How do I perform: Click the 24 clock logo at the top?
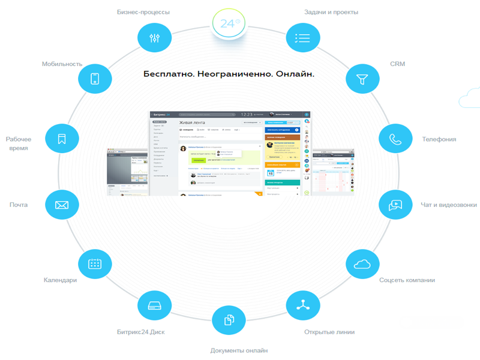click(229, 24)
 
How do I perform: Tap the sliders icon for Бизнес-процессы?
click(154, 38)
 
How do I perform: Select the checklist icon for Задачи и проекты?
click(302, 38)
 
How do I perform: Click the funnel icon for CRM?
click(362, 79)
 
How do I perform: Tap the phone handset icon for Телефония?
click(395, 139)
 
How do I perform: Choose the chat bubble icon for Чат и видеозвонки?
click(395, 205)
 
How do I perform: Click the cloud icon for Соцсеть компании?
click(362, 264)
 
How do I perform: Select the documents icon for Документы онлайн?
click(229, 320)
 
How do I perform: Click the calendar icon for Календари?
click(95, 264)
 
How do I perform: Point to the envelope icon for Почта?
click(62, 205)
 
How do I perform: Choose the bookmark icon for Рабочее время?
click(62, 139)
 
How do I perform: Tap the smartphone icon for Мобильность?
click(95, 79)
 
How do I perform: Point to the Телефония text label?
click(439, 139)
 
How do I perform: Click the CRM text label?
click(397, 64)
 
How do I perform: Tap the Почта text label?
click(19, 205)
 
